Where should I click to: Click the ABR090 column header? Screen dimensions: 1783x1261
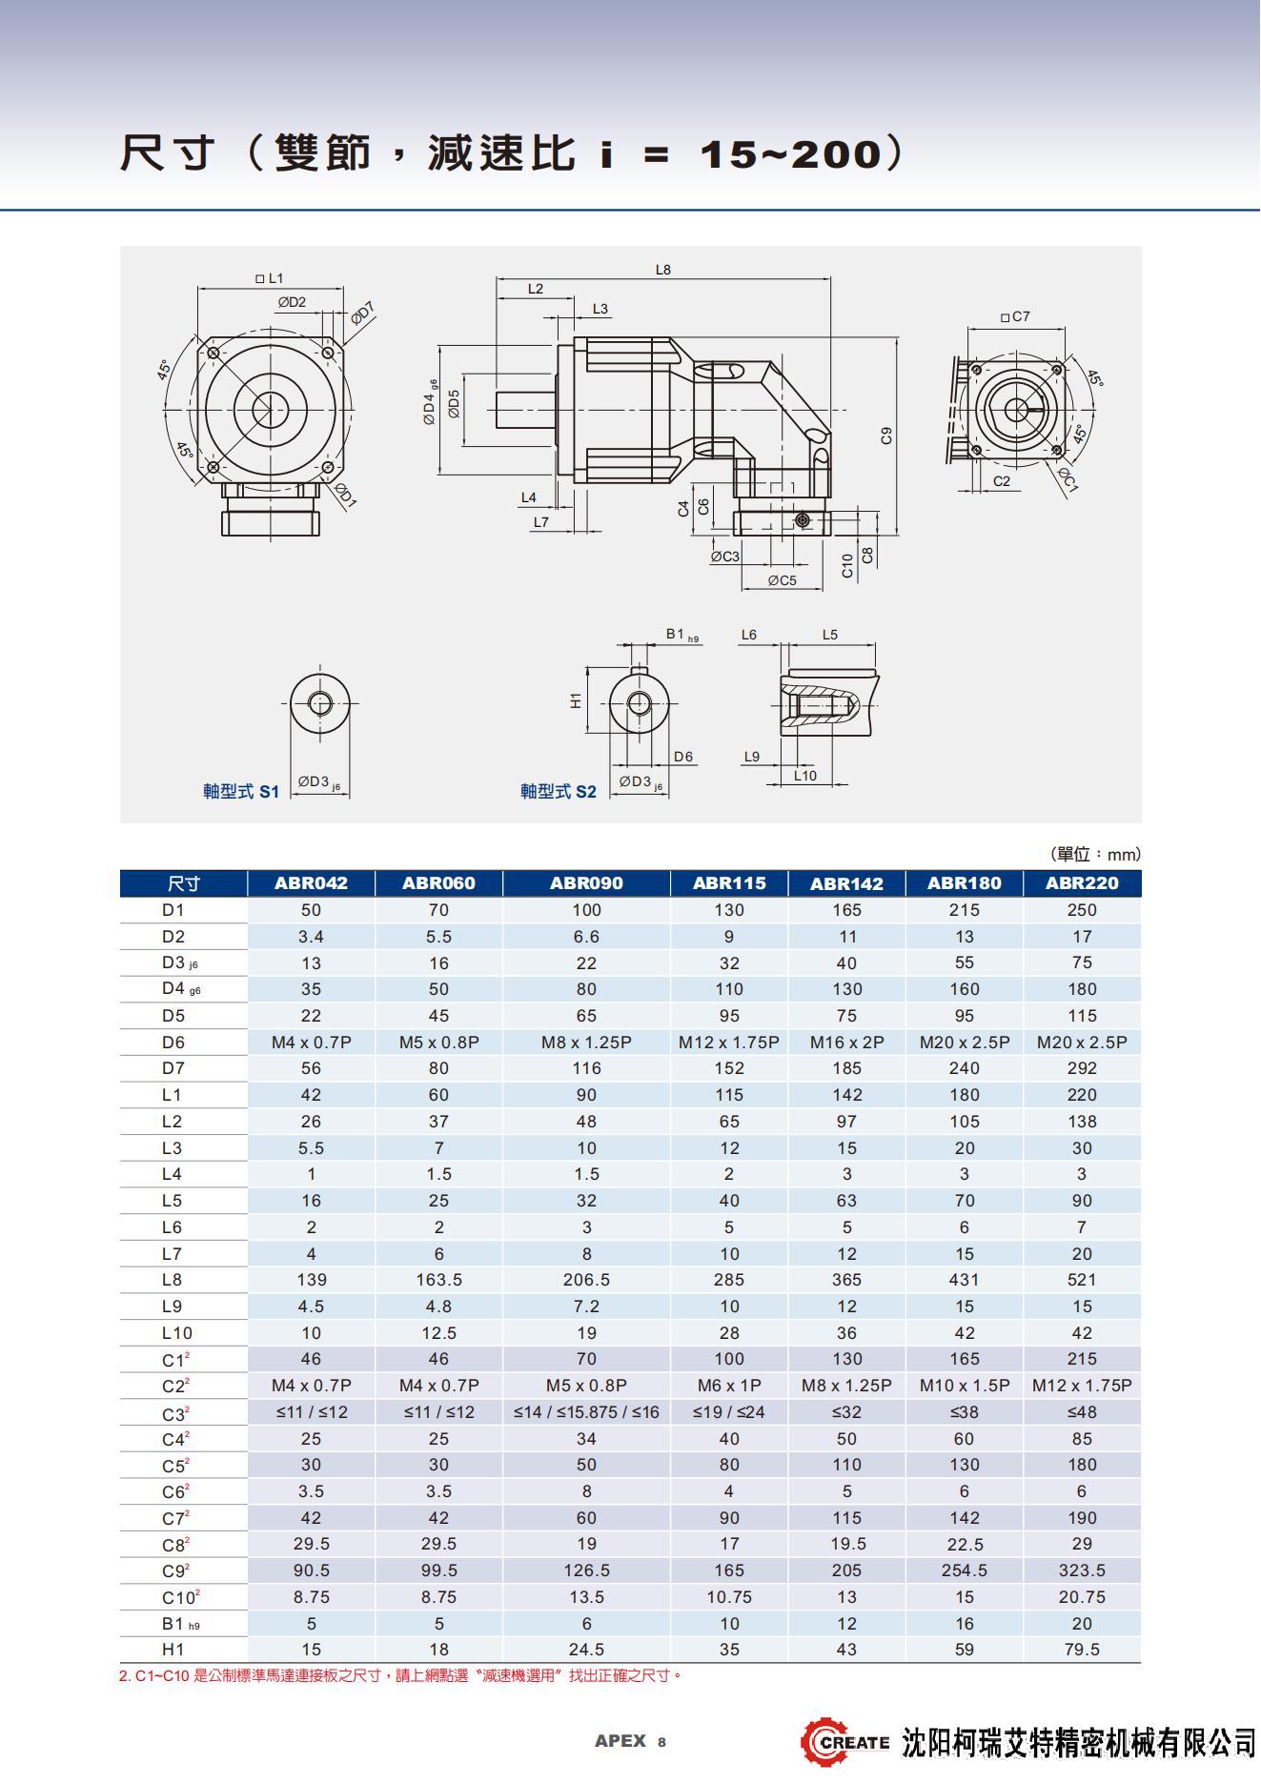click(586, 883)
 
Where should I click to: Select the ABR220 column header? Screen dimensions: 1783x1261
click(1082, 883)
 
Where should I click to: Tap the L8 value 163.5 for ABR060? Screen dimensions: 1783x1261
click(438, 1280)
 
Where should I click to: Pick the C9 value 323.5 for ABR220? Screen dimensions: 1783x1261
click(1082, 1570)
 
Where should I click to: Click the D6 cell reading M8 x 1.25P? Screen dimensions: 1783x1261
click(586, 1043)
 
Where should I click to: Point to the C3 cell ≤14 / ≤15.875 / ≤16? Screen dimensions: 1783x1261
click(586, 1412)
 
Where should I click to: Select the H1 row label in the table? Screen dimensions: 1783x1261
click(173, 1650)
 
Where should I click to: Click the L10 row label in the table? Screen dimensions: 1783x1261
click(177, 1333)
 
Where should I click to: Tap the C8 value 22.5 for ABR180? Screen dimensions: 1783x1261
click(965, 1544)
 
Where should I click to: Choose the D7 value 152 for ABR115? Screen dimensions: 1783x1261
click(729, 1068)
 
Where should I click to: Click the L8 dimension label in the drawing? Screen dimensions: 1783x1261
click(663, 270)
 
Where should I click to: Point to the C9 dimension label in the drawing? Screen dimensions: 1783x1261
click(886, 436)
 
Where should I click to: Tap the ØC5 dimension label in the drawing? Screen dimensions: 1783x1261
click(782, 580)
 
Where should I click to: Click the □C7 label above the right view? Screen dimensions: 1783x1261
click(1015, 316)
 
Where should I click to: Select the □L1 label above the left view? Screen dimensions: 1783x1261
click(270, 278)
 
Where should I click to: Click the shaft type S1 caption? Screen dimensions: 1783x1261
click(241, 792)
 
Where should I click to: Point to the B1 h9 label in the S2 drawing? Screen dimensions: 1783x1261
click(682, 635)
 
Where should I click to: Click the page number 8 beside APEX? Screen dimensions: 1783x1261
click(661, 1742)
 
